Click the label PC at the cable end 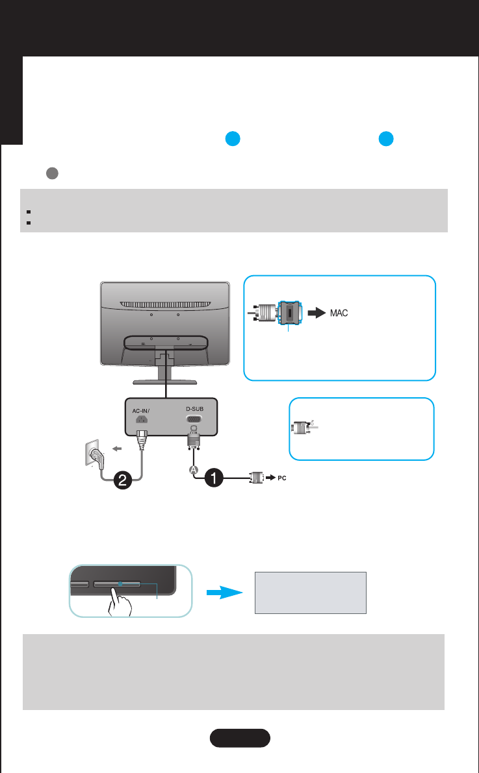coord(281,478)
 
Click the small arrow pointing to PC coord(270,478)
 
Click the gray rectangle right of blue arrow coord(311,592)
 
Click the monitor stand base coord(165,382)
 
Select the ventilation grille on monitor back coord(165,303)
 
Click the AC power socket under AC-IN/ coord(139,419)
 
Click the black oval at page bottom coord(240,739)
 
